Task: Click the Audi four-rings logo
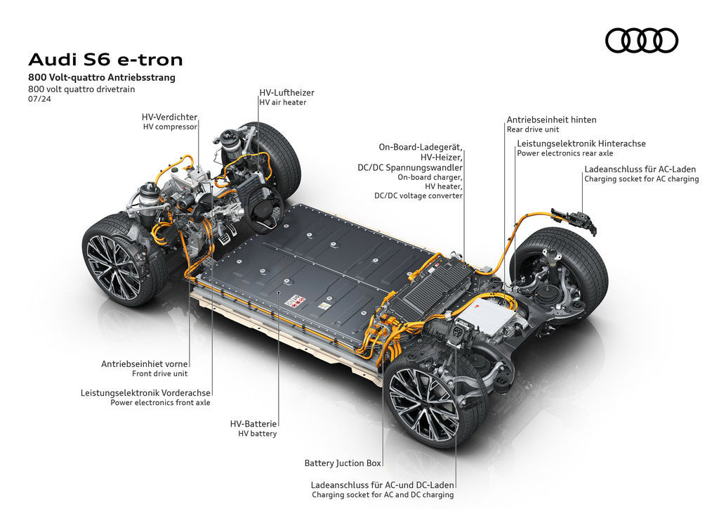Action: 642,40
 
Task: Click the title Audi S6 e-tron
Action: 105,60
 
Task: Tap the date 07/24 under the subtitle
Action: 39,98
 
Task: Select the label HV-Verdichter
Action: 169,117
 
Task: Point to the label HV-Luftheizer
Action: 286,93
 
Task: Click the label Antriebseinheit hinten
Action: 552,120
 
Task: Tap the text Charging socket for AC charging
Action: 642,179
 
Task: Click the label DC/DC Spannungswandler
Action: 410,167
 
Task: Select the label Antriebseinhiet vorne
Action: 145,364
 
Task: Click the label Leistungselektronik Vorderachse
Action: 145,393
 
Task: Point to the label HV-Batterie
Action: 253,424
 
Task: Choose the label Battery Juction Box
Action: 343,463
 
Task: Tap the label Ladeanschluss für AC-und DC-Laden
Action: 383,485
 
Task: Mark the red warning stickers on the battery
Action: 295,302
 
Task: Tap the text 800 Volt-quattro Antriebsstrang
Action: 102,77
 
